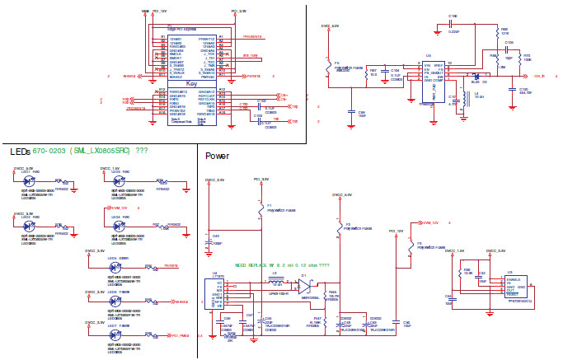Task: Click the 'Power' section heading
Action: click(x=217, y=156)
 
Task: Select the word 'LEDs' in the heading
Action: click(x=21, y=152)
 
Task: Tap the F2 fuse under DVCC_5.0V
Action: click(x=337, y=227)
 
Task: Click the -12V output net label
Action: click(x=539, y=76)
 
